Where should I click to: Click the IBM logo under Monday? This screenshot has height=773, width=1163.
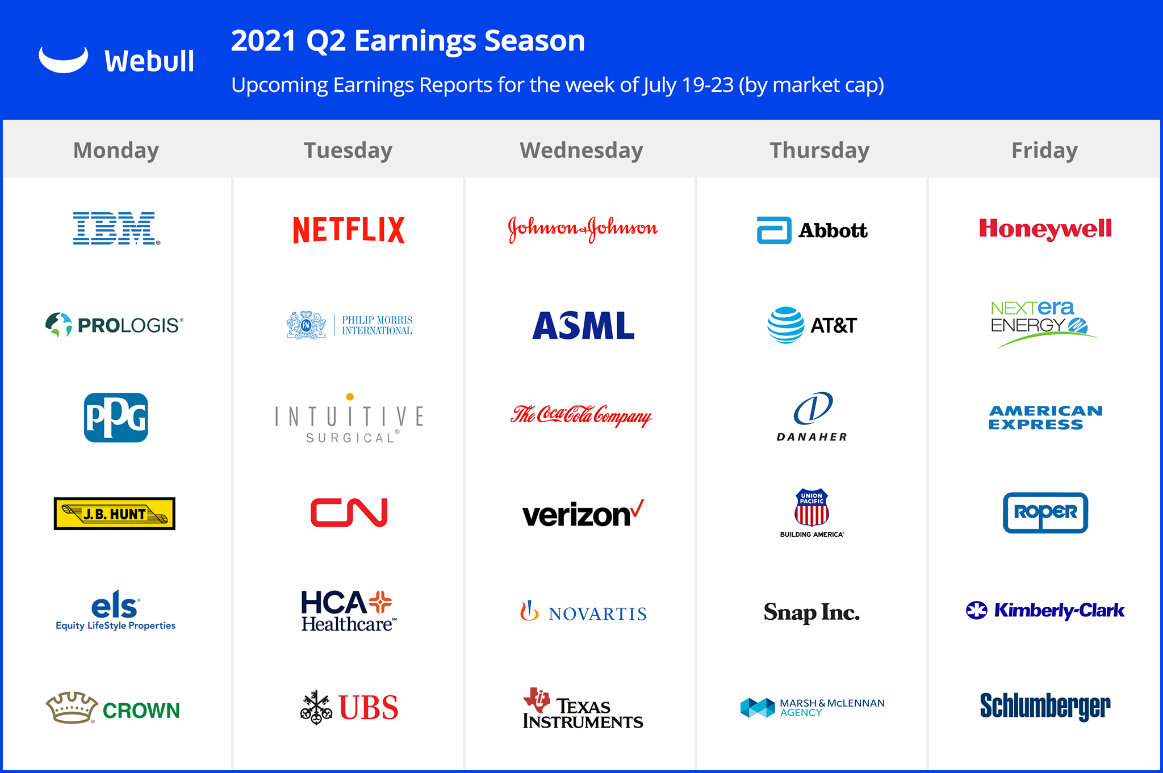click(116, 228)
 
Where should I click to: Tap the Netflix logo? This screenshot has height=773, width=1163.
click(349, 230)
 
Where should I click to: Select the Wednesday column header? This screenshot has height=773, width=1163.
click(581, 150)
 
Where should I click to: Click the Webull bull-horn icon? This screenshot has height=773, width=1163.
click(64, 60)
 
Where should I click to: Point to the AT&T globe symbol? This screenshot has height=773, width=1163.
click(786, 325)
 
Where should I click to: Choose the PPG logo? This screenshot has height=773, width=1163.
click(116, 418)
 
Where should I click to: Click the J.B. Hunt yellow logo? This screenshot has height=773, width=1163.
click(115, 514)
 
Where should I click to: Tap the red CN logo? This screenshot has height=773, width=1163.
click(349, 512)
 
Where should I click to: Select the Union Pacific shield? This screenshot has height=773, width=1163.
click(811, 507)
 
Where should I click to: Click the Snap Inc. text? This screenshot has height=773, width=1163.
click(811, 612)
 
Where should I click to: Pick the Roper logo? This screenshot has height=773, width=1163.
click(1045, 512)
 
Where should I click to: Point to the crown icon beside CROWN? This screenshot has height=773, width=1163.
click(72, 708)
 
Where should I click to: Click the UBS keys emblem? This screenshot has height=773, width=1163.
click(316, 708)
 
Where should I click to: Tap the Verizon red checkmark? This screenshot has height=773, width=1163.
click(638, 508)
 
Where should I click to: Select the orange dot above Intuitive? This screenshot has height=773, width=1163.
click(350, 397)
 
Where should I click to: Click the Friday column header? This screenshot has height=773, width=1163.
click(1044, 150)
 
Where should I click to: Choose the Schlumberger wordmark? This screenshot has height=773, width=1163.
click(1045, 706)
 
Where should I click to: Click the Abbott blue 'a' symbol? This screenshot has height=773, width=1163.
click(774, 230)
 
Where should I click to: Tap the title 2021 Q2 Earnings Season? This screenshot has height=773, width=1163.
click(408, 41)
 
